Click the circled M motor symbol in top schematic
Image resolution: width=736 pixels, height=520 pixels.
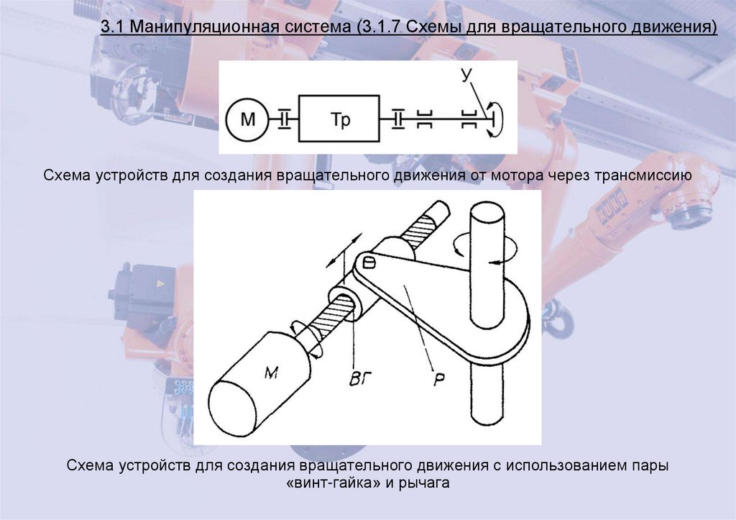point(247,119)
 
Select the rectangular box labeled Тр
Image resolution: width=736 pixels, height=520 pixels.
point(340,119)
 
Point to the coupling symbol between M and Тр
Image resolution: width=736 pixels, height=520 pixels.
point(284,119)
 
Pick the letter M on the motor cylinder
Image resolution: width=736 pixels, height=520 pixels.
point(271,372)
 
